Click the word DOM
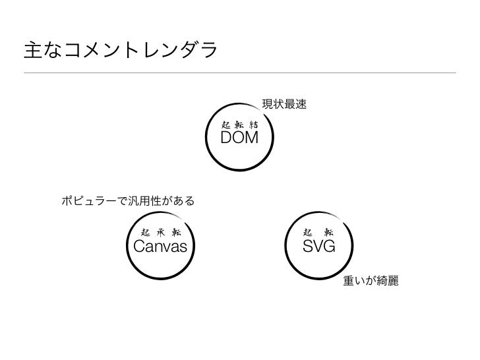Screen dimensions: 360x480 point(239,138)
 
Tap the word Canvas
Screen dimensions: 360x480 point(160,247)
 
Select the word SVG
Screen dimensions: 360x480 point(319,247)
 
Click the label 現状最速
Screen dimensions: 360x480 point(285,104)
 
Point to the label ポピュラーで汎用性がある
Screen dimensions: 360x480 point(128,200)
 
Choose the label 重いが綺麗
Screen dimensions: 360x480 point(371,282)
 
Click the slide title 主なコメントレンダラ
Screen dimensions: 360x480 point(120,50)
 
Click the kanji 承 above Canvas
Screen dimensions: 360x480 point(161,231)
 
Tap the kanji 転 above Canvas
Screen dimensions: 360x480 point(176,231)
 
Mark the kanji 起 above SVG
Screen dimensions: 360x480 point(308,232)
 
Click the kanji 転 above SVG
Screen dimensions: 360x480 point(329,232)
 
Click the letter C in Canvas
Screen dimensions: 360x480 point(140,247)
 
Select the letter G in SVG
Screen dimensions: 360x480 point(329,247)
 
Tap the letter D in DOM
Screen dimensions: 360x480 point(225,138)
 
